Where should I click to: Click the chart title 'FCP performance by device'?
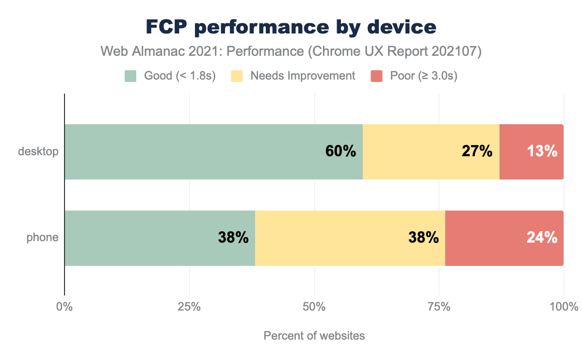click(291, 27)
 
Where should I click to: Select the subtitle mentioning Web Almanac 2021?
click(291, 51)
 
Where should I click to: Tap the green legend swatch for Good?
click(131, 76)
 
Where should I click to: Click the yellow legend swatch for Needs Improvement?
click(237, 76)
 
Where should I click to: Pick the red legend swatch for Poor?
click(377, 76)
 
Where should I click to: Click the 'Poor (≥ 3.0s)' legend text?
click(423, 76)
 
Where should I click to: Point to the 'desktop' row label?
click(38, 151)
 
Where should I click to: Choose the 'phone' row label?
click(43, 238)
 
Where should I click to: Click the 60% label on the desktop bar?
click(340, 151)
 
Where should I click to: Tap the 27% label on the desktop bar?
click(477, 151)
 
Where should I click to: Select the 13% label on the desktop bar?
click(542, 151)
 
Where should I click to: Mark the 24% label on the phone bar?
click(542, 238)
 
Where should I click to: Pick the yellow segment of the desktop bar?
click(412, 151)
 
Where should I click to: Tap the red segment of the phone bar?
click(485, 238)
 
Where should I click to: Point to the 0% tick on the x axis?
click(65, 307)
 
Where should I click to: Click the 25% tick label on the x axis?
click(189, 307)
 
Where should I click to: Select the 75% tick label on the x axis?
click(439, 307)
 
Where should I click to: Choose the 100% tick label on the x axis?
click(564, 307)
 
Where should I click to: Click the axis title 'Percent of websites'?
click(314, 336)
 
